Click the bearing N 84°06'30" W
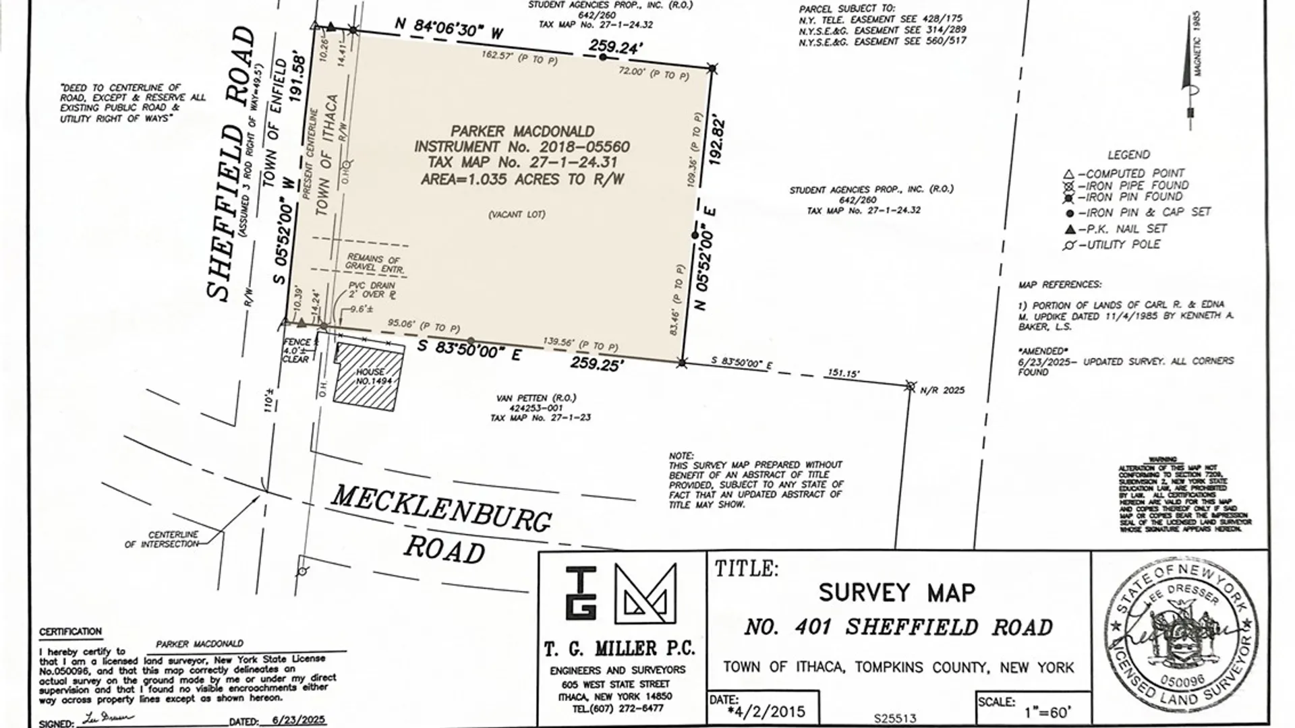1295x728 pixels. tap(449, 28)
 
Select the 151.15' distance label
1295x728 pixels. tap(843, 373)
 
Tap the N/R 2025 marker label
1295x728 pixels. tap(942, 390)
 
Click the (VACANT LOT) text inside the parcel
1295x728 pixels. tap(517, 214)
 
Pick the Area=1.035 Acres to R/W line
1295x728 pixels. tap(522, 179)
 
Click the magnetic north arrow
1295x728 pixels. tap(1191, 74)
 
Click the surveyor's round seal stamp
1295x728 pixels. tap(1182, 637)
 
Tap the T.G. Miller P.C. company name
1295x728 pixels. tap(619, 648)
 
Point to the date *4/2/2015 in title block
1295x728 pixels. tap(767, 712)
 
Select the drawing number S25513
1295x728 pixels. tap(894, 719)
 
